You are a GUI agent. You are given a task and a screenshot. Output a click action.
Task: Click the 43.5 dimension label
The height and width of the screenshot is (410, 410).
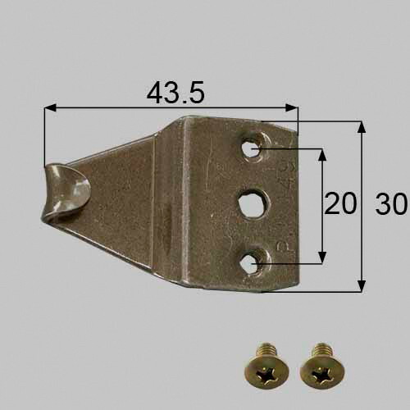click(x=175, y=92)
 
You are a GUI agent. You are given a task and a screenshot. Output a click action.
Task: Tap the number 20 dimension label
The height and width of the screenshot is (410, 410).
click(x=340, y=203)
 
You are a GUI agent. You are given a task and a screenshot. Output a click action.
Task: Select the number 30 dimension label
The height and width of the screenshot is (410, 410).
click(x=391, y=203)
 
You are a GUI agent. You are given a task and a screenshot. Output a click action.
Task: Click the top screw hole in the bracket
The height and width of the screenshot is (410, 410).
click(x=250, y=148)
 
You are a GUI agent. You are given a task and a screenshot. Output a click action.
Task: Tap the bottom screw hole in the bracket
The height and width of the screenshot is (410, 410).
click(x=249, y=264)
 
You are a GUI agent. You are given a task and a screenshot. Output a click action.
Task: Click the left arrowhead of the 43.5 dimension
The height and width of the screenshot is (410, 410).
click(x=50, y=107)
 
